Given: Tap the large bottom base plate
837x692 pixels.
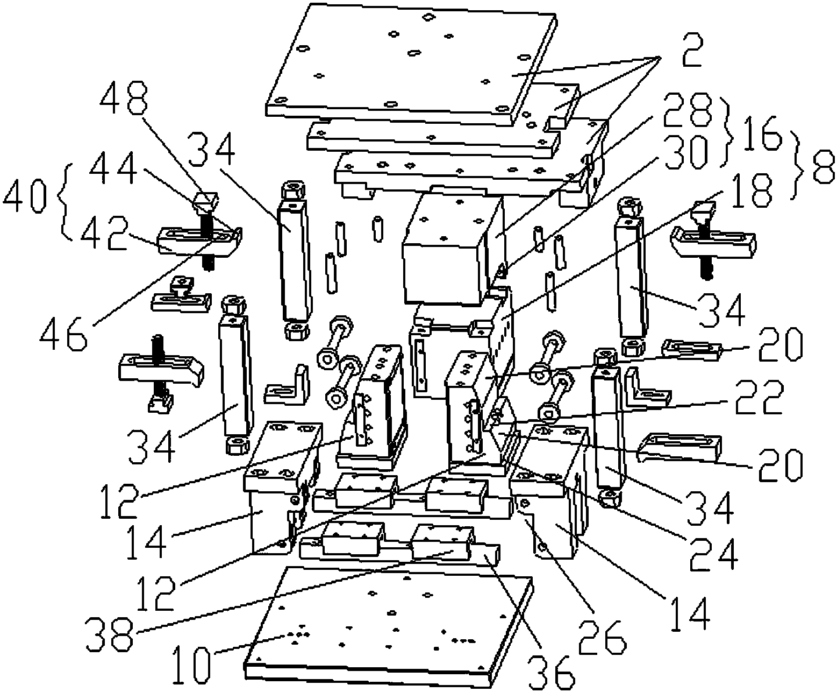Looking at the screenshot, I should click(x=387, y=624).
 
